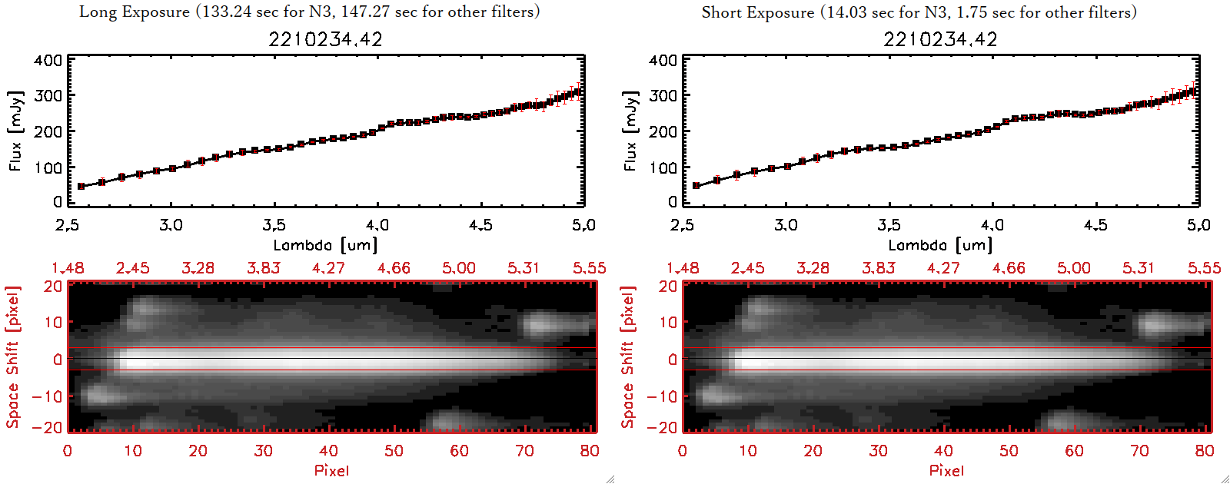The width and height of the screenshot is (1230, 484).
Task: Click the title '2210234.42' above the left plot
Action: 325,39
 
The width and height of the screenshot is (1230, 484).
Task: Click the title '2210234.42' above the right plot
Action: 940,39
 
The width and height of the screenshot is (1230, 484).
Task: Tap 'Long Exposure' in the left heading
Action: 135,12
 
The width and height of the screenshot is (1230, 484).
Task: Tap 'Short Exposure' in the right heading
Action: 757,12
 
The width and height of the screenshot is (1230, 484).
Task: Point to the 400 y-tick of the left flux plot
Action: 48,60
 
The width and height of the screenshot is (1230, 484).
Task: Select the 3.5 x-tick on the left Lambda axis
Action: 274,225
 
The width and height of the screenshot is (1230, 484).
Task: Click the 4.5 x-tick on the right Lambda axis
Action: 1095,225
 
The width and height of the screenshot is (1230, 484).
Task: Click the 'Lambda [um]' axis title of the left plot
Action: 325,245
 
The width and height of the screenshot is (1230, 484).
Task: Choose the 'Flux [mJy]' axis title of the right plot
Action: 630,131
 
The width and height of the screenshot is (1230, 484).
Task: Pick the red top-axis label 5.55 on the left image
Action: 589,268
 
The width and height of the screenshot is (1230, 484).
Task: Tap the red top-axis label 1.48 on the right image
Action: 683,268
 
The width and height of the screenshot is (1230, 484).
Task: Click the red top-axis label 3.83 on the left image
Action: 263,268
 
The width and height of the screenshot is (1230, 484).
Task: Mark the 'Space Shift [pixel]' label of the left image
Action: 13,357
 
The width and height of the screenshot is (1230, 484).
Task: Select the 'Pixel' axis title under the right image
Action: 946,470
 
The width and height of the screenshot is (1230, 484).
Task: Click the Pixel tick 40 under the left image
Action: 328,451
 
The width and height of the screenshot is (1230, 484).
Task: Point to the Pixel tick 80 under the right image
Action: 1205,451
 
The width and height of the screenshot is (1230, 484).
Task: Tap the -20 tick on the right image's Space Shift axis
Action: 663,427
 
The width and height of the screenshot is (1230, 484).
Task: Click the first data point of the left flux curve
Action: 81,186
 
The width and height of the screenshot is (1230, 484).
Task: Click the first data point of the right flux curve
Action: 696,185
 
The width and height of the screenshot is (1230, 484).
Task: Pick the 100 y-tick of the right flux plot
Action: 663,167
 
